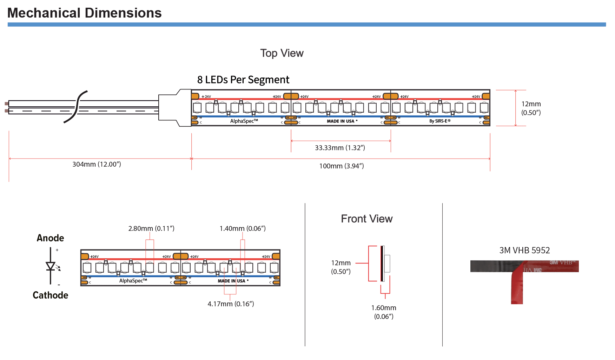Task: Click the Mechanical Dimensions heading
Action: (84, 13)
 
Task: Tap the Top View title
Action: (282, 53)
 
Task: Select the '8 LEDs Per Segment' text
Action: (243, 80)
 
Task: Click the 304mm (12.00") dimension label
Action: (97, 164)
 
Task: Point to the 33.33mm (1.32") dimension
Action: (340, 148)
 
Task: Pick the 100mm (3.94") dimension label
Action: (341, 166)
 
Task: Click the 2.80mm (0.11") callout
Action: (151, 228)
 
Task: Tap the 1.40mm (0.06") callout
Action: (243, 228)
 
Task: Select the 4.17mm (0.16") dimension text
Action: (231, 304)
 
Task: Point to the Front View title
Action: (366, 219)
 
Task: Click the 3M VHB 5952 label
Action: (524, 250)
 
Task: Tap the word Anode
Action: (50, 238)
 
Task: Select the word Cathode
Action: (50, 295)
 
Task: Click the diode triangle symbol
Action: (51, 266)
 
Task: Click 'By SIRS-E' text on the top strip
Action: (439, 121)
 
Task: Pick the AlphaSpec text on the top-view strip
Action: (244, 121)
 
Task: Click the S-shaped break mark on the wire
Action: (76, 107)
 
